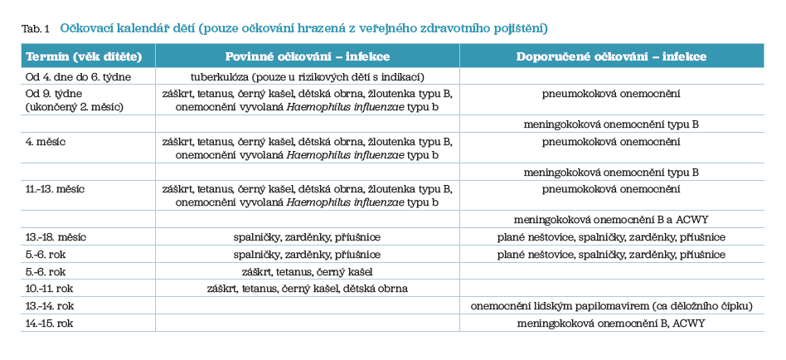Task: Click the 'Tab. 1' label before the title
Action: pos(35,28)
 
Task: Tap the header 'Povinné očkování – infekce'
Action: pos(307,56)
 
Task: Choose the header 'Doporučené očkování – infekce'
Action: pos(611,56)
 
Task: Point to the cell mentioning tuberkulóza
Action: pos(308,77)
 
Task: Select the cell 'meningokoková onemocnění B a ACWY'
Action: pos(611,220)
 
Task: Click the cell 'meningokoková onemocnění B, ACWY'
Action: pos(611,323)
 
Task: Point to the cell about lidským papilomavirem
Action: pos(611,306)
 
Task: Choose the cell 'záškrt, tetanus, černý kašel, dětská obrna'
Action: pos(308,288)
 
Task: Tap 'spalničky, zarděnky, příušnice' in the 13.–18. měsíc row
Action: pos(308,237)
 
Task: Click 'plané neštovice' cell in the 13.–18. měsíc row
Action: pos(611,237)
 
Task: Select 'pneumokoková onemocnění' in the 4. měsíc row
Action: pos(611,142)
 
